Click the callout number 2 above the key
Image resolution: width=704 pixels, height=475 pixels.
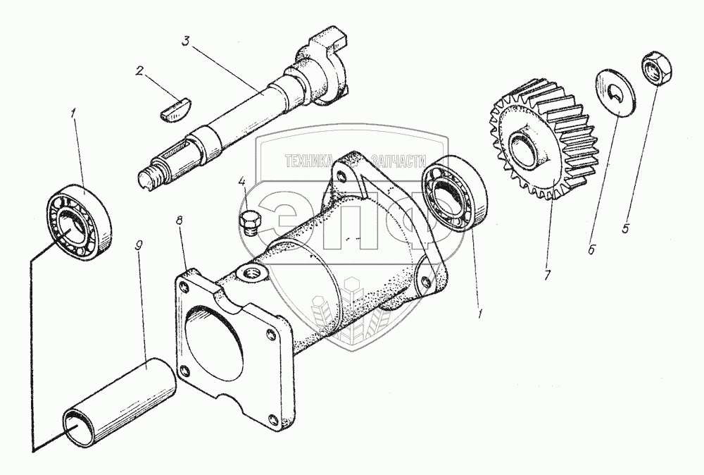point(139,71)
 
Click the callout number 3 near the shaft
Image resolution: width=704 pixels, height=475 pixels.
point(186,40)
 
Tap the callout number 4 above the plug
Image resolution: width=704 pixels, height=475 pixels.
point(242,182)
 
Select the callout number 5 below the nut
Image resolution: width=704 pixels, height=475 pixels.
point(626,228)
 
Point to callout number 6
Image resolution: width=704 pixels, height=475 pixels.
point(591,249)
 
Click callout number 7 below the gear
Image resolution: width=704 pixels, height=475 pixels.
point(547,275)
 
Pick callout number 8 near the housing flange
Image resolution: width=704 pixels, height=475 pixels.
point(180,220)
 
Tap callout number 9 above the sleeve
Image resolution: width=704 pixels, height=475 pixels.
point(139,246)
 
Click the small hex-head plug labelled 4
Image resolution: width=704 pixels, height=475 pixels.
point(249,224)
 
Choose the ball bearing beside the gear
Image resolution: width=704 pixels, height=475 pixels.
point(454,194)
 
